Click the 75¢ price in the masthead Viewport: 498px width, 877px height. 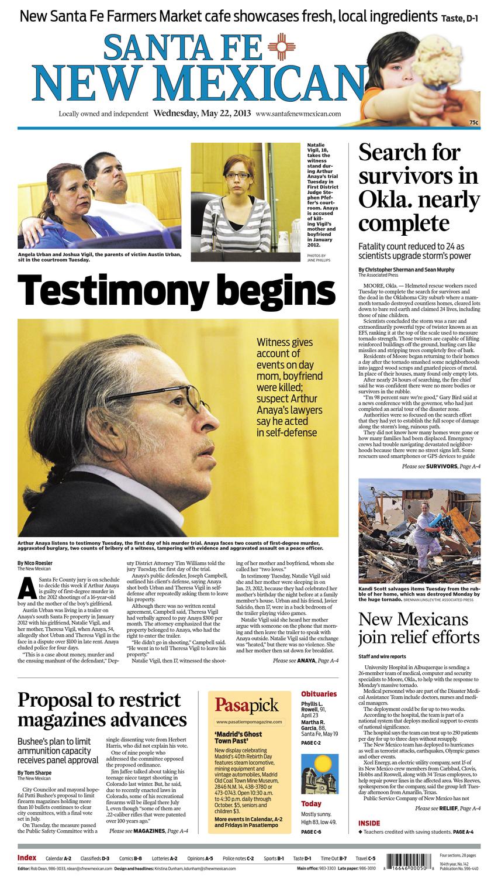(x=474, y=122)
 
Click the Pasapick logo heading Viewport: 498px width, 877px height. (x=246, y=704)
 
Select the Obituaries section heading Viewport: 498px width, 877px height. (x=319, y=693)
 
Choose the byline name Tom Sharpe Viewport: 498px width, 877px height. (x=38, y=772)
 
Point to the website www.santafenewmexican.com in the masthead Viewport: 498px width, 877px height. (x=298, y=115)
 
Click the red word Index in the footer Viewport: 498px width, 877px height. (x=27, y=858)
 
